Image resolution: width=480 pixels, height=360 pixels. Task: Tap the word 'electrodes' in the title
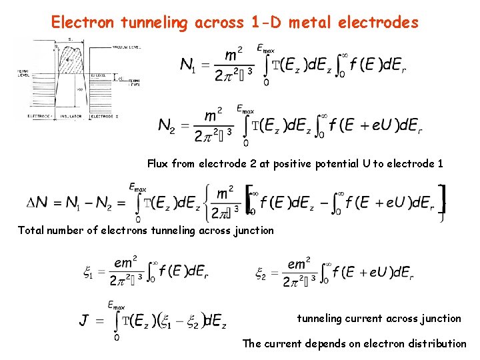[x=378, y=23]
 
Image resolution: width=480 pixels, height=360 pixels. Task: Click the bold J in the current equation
[x=84, y=321]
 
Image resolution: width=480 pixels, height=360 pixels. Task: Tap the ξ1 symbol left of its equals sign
[x=87, y=272]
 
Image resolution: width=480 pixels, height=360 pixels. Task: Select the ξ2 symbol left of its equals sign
[x=261, y=272]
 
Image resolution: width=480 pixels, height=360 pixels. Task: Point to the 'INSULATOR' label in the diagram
[x=72, y=116]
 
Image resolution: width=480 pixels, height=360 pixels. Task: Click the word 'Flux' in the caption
[x=159, y=163]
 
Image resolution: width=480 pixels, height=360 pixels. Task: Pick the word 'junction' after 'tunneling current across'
[x=441, y=318]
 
